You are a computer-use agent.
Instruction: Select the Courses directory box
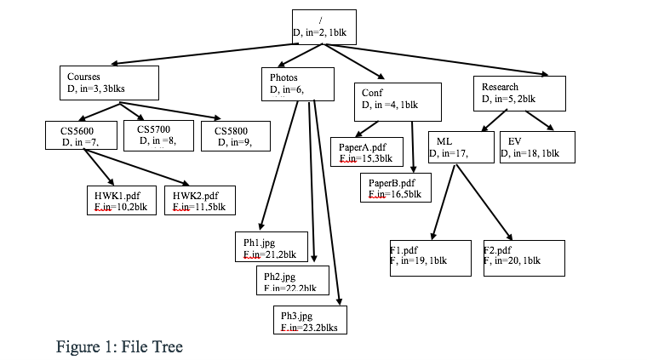pyautogui.click(x=109, y=83)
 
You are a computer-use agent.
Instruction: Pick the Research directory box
pyautogui.click(x=518, y=94)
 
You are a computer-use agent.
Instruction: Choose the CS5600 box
pyautogui.click(x=80, y=136)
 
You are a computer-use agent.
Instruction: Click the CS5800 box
pyautogui.click(x=235, y=136)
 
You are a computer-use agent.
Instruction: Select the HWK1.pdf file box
pyautogui.click(x=121, y=200)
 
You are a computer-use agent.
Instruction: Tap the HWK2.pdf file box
pyautogui.click(x=199, y=200)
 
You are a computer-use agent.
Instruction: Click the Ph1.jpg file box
pyautogui.click(x=270, y=248)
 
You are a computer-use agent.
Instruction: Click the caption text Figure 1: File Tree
pyautogui.click(x=120, y=346)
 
